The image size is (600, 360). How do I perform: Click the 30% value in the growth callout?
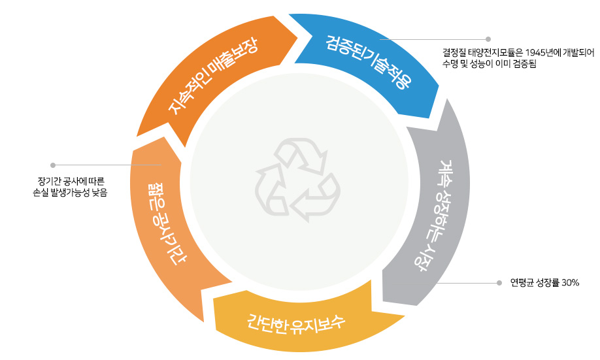[x=570, y=283]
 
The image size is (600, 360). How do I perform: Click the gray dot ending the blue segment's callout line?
[x=488, y=39]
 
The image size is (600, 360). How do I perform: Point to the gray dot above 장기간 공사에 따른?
[x=53, y=165]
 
